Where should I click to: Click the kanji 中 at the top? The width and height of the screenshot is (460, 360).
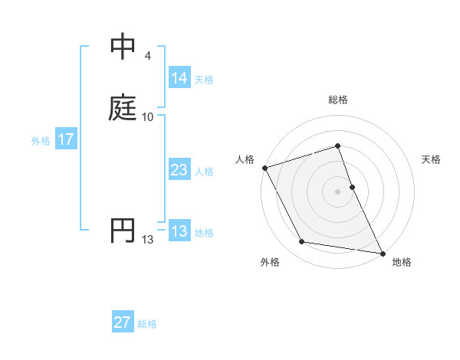click(x=123, y=47)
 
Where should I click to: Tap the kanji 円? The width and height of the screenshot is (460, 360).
click(x=123, y=231)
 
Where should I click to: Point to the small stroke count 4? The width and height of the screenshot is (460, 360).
click(x=147, y=56)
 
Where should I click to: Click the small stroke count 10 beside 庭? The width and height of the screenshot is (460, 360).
click(x=147, y=116)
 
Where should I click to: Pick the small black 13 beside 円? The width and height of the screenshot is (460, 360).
click(x=147, y=241)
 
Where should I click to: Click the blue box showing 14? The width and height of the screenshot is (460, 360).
click(x=179, y=78)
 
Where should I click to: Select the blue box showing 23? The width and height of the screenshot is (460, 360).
click(x=179, y=171)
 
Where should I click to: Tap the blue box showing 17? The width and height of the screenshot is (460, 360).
click(x=65, y=140)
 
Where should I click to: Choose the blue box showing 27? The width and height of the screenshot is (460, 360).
click(x=123, y=323)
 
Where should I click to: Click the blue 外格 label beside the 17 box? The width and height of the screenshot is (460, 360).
click(x=41, y=141)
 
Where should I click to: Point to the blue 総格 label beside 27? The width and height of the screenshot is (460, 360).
click(x=147, y=324)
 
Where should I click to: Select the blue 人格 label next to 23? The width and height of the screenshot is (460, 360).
click(x=204, y=172)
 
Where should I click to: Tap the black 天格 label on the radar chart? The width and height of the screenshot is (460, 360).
click(x=431, y=159)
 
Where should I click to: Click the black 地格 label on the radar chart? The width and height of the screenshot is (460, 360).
click(x=402, y=262)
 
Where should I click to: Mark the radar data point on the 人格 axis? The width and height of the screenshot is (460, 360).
click(x=264, y=167)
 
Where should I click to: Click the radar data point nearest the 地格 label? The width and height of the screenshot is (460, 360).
click(x=382, y=252)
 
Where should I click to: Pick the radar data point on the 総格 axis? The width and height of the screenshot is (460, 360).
click(x=337, y=146)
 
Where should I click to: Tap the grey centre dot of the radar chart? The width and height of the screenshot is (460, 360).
click(x=337, y=191)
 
